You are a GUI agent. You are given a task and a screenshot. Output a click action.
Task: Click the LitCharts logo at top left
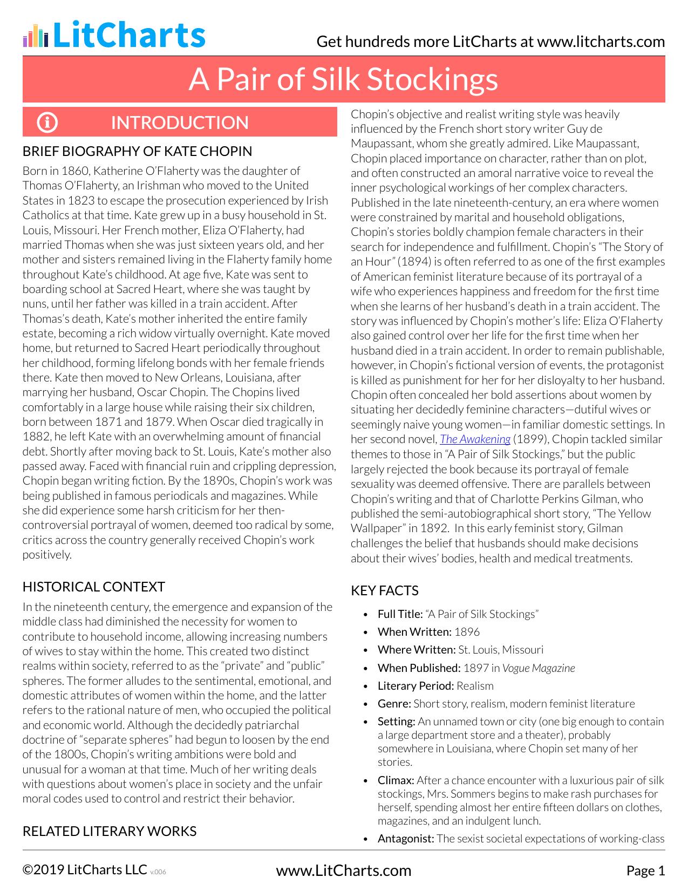pos(114,35)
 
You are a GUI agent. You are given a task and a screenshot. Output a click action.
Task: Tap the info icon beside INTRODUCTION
pos(47,123)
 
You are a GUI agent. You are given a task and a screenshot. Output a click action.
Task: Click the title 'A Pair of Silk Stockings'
pos(343,79)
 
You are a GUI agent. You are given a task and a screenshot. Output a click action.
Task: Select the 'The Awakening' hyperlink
pos(475,439)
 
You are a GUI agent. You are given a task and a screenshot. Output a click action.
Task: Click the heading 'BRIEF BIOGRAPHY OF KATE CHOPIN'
pos(137,151)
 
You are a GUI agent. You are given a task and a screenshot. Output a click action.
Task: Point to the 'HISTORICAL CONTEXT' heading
pos(93,587)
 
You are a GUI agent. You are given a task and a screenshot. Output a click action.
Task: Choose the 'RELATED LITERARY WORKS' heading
pos(109,831)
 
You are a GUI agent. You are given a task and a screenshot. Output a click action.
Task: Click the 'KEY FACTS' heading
pos(384,590)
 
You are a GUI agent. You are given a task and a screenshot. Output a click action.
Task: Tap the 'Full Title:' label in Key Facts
pos(400,614)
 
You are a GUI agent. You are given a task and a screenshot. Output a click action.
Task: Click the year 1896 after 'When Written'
pos(467,632)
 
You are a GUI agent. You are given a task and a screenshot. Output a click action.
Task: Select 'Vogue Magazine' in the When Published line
pos(539,668)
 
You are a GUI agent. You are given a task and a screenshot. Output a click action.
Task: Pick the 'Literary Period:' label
pos(415,686)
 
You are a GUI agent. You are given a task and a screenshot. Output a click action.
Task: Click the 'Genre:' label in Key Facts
pos(394,704)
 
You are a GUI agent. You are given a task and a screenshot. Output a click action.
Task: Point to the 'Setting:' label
pos(396,722)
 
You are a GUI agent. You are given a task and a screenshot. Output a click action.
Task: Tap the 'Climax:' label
pos(396,780)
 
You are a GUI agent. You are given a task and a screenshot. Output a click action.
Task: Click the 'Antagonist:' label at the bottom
pos(405,839)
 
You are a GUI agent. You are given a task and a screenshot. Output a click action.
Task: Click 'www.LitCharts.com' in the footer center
pos(343,870)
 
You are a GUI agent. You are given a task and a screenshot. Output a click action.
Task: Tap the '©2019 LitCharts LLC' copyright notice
pos(85,869)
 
